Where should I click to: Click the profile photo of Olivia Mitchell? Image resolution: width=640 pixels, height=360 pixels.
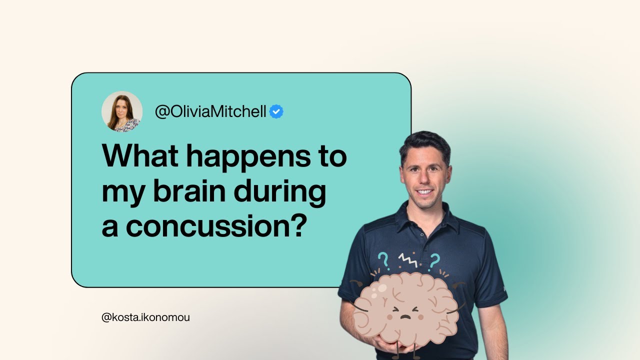tap(122, 111)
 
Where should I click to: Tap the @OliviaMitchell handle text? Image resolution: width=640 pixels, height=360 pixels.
tap(210, 111)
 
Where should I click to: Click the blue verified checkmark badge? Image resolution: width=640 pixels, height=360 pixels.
tap(276, 111)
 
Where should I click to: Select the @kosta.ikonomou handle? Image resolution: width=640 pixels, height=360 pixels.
tap(145, 317)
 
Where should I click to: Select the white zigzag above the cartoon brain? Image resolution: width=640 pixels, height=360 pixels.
tap(407, 259)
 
